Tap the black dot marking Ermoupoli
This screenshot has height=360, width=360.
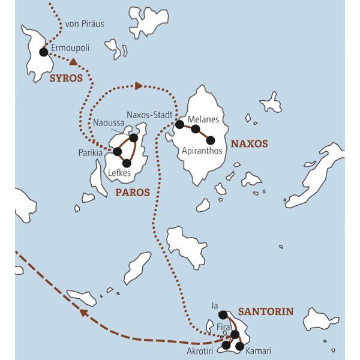click(x=43, y=52)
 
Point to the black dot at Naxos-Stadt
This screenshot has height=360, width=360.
click(x=179, y=125)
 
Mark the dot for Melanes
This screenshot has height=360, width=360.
click(x=196, y=128)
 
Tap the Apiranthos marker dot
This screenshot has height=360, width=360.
click(x=211, y=140)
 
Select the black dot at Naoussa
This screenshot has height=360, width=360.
click(x=133, y=138)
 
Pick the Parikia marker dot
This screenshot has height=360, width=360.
click(x=117, y=152)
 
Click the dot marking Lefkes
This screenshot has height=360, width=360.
click(x=127, y=163)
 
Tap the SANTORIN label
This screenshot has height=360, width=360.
click(x=266, y=311)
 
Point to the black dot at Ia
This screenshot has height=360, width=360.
click(x=223, y=314)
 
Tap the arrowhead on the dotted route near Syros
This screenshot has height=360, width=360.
click(x=73, y=61)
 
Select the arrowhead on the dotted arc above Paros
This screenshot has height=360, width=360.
click(x=139, y=86)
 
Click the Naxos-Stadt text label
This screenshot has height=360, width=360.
click(x=150, y=114)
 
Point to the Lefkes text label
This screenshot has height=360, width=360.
click(x=119, y=173)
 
